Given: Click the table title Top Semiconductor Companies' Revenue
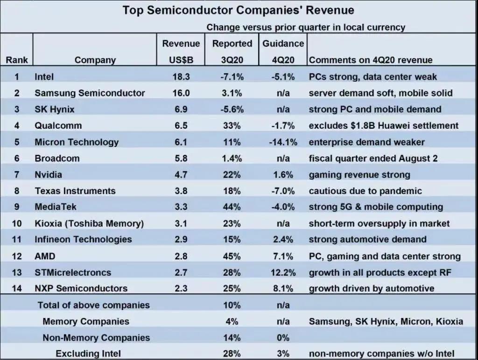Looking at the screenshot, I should coord(238,10).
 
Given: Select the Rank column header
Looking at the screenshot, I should coord(17,60).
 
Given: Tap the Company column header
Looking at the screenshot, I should coord(95,60).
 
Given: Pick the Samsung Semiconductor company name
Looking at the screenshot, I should coord(90,93).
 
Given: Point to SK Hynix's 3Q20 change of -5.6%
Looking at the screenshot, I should coord(232,109).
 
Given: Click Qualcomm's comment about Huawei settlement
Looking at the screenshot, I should coord(383,125).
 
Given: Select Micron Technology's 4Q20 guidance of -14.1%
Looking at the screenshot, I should coord(283,142).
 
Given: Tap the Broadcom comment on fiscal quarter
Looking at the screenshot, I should coord(373,158).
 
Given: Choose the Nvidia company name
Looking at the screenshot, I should coord(48,174).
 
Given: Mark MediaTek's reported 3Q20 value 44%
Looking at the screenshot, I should coord(232,207).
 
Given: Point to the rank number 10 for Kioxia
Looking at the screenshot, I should coord(17,223).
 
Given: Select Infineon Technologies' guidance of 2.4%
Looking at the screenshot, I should coord(283,239).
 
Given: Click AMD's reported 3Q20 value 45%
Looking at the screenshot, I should coord(232,256).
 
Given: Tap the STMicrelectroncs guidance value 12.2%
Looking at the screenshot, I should coord(283,272).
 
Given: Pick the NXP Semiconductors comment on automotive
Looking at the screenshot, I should coord(371,288).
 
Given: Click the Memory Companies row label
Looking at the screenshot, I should coord(86,321).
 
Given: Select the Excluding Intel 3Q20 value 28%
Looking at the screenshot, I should coord(232,353).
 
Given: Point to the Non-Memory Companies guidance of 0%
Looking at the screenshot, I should coord(283,338).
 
